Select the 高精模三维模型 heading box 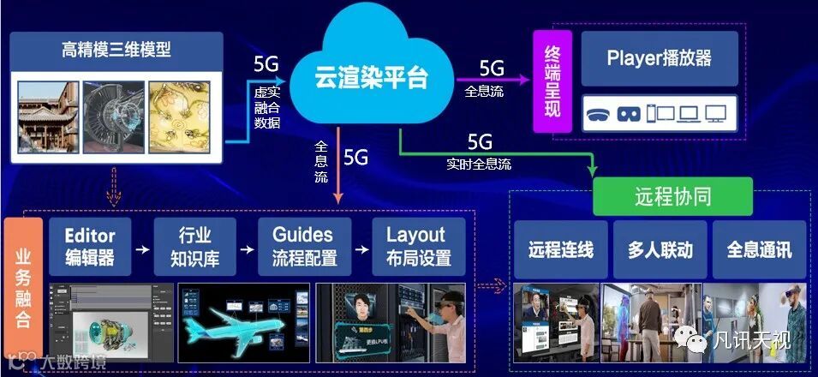(116, 50)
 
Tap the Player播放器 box (660, 58)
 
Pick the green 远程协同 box (672, 196)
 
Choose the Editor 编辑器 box (90, 246)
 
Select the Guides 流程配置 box (304, 246)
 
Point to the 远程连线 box (561, 250)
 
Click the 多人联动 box (660, 250)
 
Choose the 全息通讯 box (759, 250)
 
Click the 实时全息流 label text (479, 163)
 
